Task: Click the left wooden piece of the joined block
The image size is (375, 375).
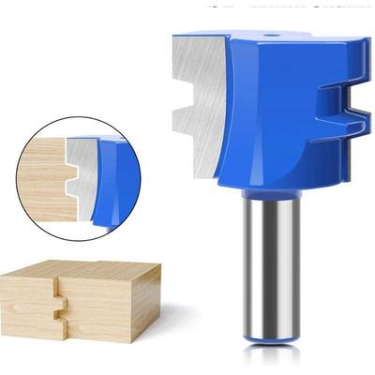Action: (28, 300)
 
